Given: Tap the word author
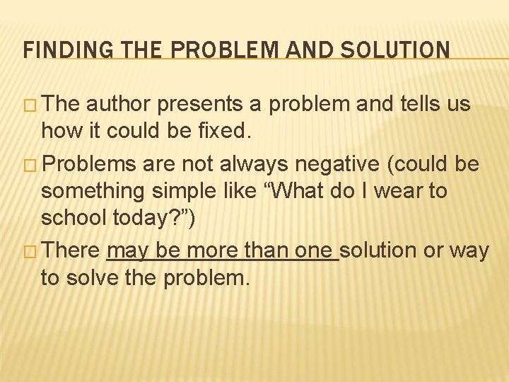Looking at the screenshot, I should [119, 105].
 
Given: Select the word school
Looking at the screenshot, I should [74, 219].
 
